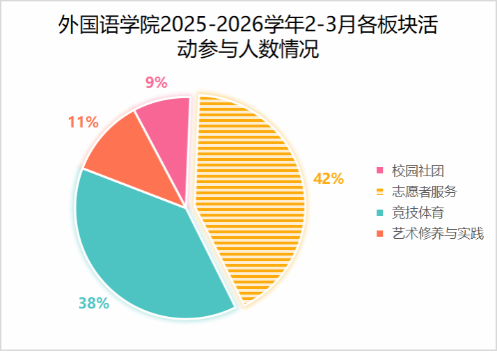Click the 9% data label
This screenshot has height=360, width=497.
tap(156, 82)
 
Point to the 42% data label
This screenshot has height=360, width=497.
tap(329, 178)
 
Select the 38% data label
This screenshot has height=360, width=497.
tap(93, 303)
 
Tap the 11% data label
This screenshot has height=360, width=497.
tap(83, 123)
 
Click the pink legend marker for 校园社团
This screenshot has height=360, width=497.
tap(379, 171)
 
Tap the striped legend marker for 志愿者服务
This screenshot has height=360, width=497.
tap(379, 191)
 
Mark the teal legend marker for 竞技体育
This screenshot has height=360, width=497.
tap(379, 212)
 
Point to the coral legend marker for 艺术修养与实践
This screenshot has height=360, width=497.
tap(379, 233)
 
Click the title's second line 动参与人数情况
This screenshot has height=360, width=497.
tap(248, 50)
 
